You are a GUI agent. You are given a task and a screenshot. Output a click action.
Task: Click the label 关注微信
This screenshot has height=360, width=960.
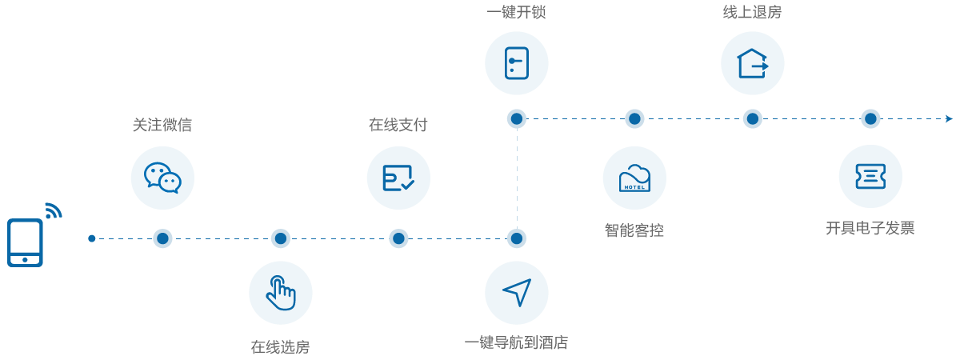(162, 125)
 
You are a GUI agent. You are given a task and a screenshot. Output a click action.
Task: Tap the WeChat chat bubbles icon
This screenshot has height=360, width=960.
(162, 178)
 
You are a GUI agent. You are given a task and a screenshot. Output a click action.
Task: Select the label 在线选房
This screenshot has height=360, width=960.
(280, 346)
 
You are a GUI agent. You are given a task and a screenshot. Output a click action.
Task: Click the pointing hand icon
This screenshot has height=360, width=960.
(280, 293)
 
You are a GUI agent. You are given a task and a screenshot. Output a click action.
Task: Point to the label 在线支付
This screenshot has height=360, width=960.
(398, 125)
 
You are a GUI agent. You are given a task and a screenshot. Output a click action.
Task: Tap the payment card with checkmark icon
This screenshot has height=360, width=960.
(398, 178)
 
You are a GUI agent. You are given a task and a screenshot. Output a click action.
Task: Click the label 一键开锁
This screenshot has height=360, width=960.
(516, 12)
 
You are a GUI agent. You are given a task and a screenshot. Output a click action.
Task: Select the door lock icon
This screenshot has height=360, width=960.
(516, 63)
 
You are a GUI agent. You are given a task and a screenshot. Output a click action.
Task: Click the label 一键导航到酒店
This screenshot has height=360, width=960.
(516, 343)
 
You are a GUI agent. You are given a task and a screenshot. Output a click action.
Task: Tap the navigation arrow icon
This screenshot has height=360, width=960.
(517, 292)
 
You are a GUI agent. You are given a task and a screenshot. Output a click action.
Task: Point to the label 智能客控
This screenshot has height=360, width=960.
(634, 230)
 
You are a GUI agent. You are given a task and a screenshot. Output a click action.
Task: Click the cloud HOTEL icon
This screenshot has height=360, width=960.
(634, 178)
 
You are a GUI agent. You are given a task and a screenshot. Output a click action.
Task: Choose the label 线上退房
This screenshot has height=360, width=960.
(752, 12)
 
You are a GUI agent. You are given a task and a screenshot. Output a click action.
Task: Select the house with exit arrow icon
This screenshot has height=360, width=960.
(752, 63)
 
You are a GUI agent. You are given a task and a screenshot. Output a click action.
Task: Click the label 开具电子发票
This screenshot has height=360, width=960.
(870, 228)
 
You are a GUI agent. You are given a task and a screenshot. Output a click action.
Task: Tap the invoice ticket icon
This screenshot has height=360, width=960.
(870, 177)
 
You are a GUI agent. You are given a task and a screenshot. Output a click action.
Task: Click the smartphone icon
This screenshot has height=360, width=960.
(25, 242)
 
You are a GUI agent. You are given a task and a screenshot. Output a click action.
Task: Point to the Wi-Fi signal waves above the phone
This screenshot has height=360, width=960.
(53, 210)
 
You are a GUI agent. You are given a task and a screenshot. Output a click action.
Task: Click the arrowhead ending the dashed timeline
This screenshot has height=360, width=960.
(949, 119)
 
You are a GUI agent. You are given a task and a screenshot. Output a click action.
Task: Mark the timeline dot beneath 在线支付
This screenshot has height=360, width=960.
(398, 238)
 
